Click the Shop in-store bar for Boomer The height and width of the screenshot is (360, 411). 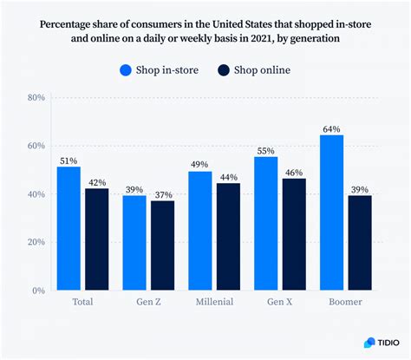[x=331, y=213]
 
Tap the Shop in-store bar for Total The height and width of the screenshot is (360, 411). [x=68, y=228]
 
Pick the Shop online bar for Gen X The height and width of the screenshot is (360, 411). [x=294, y=234]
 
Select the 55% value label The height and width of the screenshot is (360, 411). [x=265, y=149]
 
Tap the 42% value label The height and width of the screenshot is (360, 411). [x=97, y=181]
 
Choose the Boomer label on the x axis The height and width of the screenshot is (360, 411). [x=345, y=302]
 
